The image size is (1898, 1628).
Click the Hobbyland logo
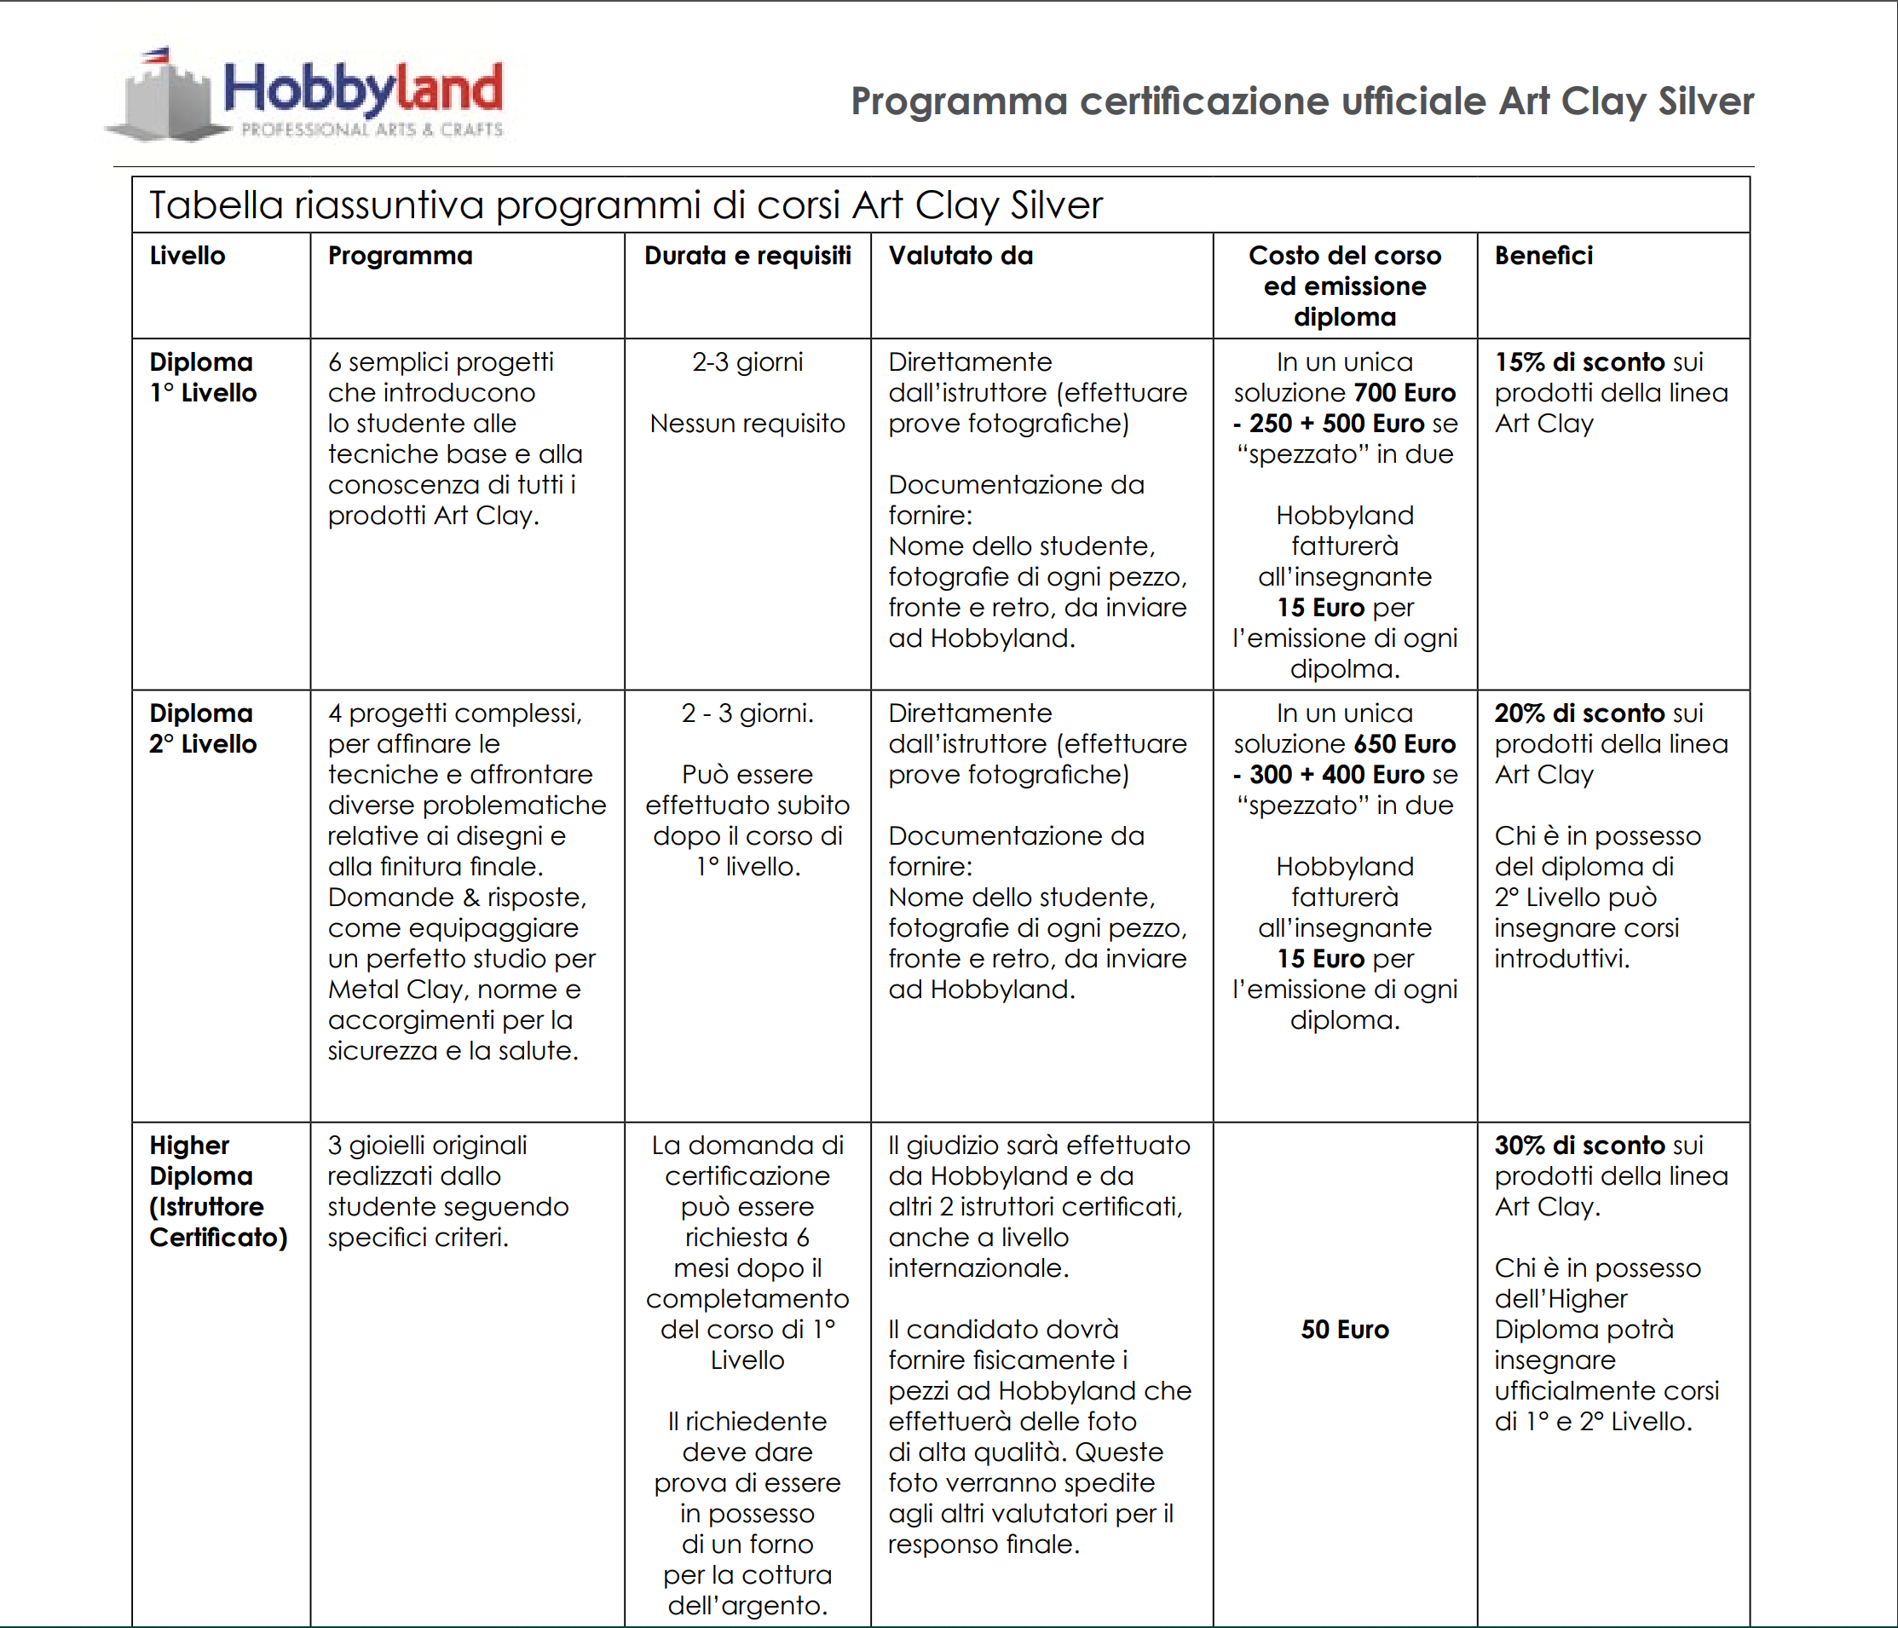(x=307, y=95)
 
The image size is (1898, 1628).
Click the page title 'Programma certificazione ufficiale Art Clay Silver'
(x=1301, y=101)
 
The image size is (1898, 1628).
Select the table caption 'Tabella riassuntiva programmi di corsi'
(x=626, y=205)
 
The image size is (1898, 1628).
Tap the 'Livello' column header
(x=187, y=256)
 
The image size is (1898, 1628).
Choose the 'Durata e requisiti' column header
(x=747, y=256)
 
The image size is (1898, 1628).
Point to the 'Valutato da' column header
(x=961, y=256)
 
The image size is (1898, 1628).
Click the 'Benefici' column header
(x=1543, y=256)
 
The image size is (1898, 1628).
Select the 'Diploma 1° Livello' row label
(x=203, y=378)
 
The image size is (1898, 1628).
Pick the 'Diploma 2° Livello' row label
(x=203, y=729)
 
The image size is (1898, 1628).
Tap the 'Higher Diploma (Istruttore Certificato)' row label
(x=218, y=1191)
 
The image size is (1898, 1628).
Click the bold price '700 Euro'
(x=1405, y=393)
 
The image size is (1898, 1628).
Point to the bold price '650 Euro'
(x=1405, y=744)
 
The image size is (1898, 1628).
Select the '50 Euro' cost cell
(x=1345, y=1330)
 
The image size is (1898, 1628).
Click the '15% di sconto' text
(x=1579, y=362)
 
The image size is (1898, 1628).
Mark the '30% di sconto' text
(x=1579, y=1146)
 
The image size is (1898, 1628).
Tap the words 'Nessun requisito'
(x=747, y=424)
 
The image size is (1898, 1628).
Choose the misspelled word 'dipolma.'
(x=1345, y=669)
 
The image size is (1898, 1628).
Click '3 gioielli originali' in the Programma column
(x=427, y=1146)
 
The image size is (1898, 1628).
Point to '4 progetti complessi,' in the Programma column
(x=454, y=713)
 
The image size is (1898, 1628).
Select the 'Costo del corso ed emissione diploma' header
(x=1345, y=286)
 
